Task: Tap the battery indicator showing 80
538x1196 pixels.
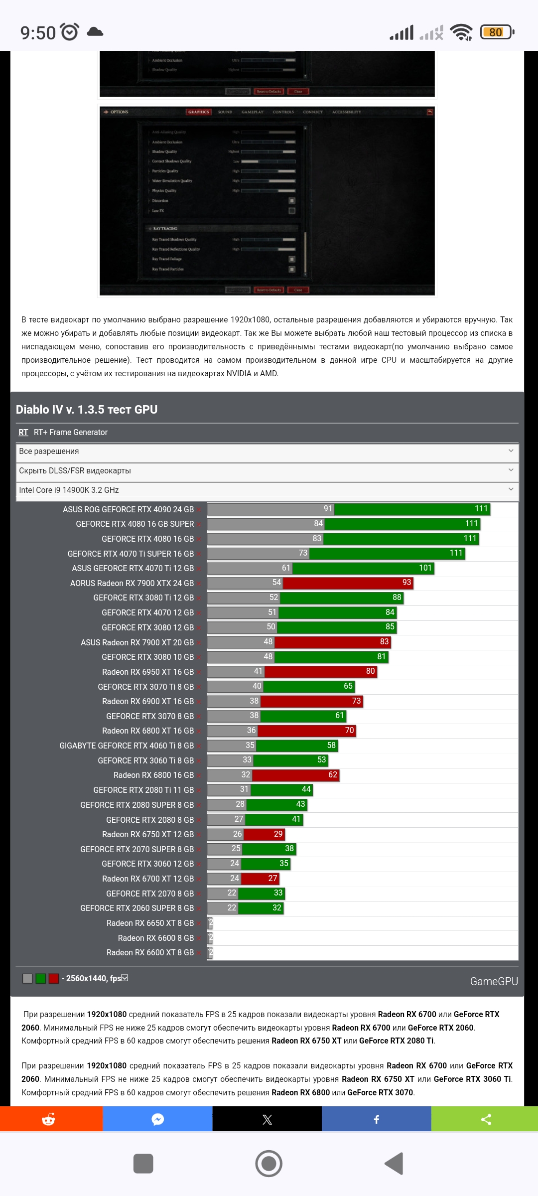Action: tap(496, 32)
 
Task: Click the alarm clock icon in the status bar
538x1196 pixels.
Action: tap(70, 32)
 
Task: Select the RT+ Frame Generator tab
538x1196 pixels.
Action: tap(71, 432)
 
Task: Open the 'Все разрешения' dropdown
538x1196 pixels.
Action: tap(267, 451)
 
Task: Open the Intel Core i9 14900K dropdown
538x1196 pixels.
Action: tap(267, 490)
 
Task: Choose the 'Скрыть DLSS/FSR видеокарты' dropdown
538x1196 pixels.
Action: tap(267, 471)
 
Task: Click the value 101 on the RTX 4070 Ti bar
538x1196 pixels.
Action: tap(425, 568)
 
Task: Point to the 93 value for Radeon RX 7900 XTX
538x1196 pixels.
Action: tap(406, 583)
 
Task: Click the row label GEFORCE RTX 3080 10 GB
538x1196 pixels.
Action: tap(147, 657)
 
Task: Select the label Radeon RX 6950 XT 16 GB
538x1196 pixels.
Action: tap(148, 672)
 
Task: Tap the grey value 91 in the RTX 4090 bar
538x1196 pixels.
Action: tap(328, 509)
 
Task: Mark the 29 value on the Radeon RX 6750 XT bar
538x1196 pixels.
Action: tap(278, 834)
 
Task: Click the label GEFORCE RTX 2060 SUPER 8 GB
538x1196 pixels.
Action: tap(137, 908)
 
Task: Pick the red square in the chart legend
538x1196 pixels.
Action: tap(54, 979)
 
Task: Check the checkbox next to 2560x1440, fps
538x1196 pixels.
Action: tap(125, 978)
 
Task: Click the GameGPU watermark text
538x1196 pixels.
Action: tap(494, 982)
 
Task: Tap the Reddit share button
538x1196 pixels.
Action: tap(49, 1120)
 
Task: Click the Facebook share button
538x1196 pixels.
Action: tap(377, 1120)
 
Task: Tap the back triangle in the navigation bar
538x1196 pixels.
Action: tap(394, 1164)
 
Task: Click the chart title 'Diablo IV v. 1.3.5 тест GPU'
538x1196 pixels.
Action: tap(87, 410)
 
